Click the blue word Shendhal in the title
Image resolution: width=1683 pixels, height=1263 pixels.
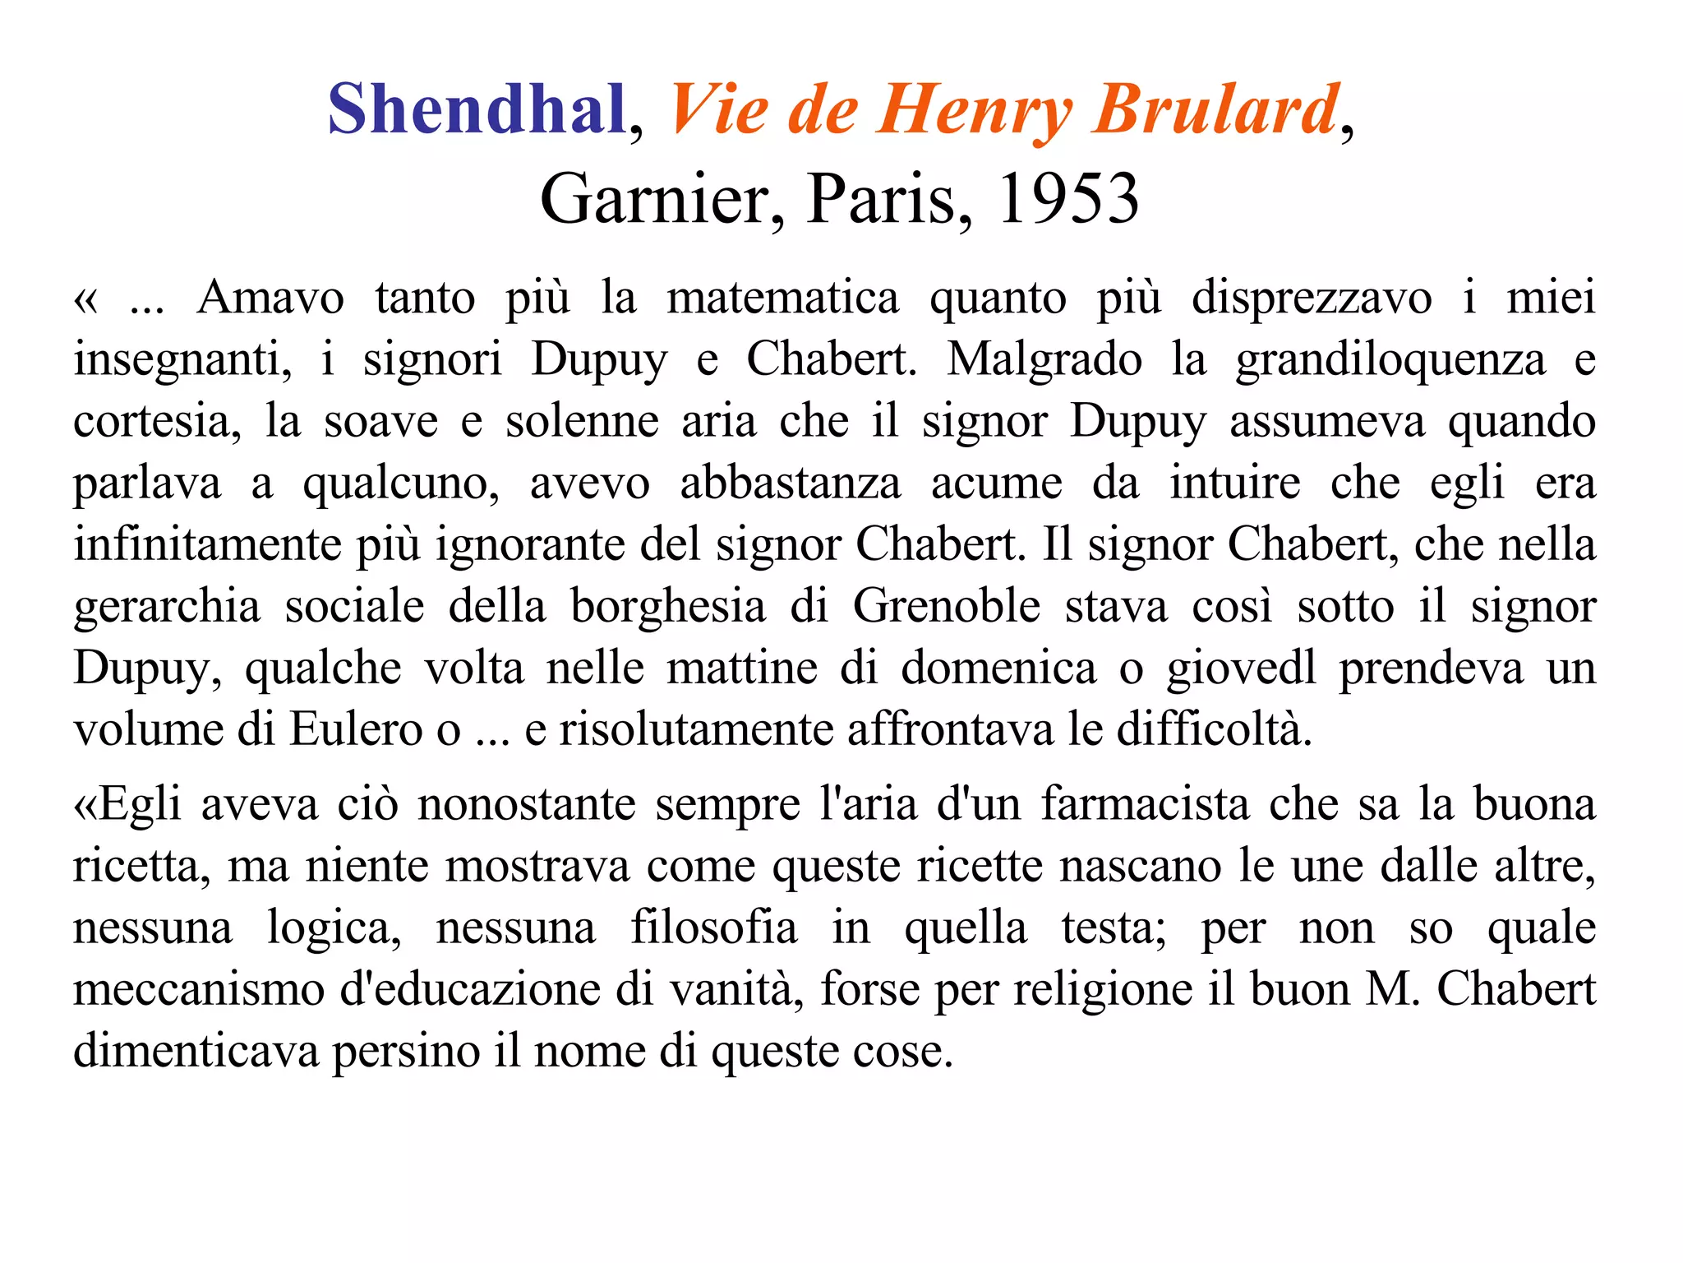[477, 109]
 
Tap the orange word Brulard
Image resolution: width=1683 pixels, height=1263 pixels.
[1215, 109]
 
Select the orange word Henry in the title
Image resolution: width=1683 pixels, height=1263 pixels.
[973, 109]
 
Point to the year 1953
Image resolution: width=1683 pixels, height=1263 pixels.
[1067, 199]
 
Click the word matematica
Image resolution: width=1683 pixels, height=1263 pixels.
[782, 298]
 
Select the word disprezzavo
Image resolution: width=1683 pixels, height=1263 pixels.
[1312, 298]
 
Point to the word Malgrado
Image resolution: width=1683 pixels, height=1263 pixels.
[1044, 359]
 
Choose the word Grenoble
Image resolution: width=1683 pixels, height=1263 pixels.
[947, 606]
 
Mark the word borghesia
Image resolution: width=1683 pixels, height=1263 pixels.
[668, 606]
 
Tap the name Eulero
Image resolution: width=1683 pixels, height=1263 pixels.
[356, 729]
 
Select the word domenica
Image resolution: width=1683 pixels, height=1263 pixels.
[998, 668]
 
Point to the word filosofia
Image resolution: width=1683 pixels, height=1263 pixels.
[713, 928]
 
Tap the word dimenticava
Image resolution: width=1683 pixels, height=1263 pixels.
[196, 1051]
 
